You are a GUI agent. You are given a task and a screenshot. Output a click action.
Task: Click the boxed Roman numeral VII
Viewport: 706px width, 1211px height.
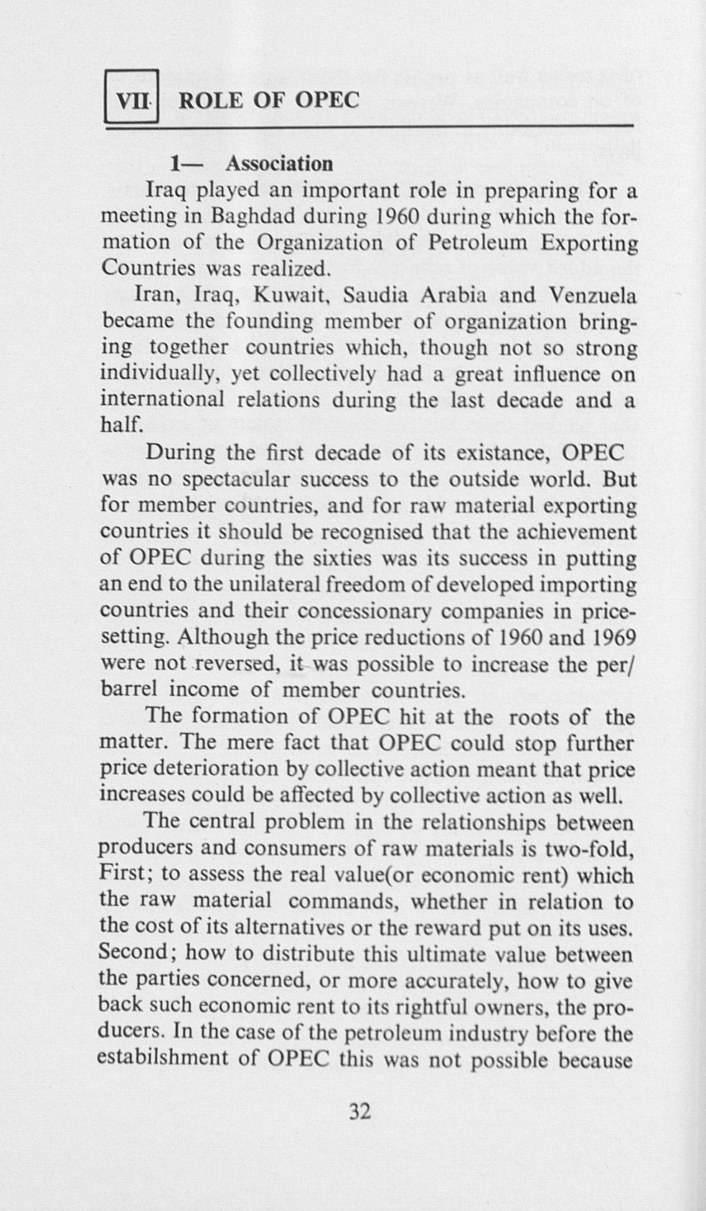(x=131, y=99)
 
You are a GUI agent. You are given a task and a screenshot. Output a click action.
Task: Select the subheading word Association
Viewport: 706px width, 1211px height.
(x=279, y=164)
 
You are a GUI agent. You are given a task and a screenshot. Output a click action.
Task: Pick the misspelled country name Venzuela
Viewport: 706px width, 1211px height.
(x=593, y=296)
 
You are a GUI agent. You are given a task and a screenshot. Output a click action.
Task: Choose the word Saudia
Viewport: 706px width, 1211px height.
(x=376, y=296)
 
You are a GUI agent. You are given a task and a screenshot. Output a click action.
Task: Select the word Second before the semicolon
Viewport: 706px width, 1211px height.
(x=133, y=954)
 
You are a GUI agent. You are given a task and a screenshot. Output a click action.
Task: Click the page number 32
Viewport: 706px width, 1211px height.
(x=359, y=1112)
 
